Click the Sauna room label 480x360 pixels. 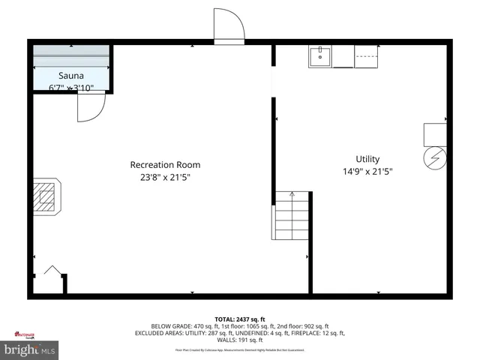(71, 76)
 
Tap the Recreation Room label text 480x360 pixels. (165, 165)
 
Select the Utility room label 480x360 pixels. (367, 159)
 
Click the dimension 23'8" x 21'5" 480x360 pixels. (165, 178)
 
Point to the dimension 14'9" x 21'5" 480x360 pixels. (367, 172)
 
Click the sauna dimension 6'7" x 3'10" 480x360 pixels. (71, 88)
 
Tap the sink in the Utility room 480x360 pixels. (320, 57)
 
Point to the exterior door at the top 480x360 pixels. (228, 26)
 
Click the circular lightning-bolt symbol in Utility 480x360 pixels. (434, 158)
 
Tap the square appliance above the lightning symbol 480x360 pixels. (435, 133)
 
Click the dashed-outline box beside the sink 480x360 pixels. (366, 57)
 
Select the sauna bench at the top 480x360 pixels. (71, 57)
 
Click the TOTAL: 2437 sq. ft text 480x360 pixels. (240, 319)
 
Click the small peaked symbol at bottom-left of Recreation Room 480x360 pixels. (52, 271)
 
